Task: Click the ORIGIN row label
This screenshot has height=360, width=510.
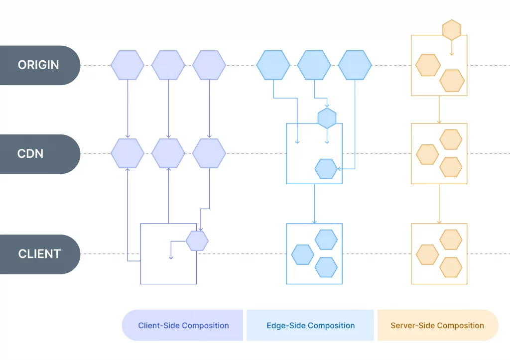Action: (38, 65)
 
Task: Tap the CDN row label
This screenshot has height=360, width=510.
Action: (30, 154)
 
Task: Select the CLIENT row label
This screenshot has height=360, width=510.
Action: (39, 254)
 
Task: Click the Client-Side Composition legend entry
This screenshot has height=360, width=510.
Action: (183, 325)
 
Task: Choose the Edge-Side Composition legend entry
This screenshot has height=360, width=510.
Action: (310, 325)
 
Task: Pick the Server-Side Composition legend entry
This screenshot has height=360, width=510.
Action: (437, 325)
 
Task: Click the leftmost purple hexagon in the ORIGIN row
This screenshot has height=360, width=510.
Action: (127, 65)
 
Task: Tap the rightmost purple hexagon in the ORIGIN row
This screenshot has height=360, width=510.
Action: (209, 65)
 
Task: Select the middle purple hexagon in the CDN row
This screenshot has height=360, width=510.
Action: (168, 153)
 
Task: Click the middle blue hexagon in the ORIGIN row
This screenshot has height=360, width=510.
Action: (314, 65)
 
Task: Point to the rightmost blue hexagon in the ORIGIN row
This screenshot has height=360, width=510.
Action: (355, 65)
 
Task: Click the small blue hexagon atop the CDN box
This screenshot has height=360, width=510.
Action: (327, 118)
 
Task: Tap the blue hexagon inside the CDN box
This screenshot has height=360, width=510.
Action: (326, 169)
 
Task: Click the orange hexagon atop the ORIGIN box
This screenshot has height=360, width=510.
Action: (452, 30)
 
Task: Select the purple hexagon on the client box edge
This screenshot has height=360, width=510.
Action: (197, 240)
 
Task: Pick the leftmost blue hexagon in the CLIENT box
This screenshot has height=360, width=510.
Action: (302, 254)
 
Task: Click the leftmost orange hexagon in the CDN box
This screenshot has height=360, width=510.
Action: (427, 154)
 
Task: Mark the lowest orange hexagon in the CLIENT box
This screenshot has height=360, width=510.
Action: (451, 267)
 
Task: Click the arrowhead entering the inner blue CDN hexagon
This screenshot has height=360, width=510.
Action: (339, 169)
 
